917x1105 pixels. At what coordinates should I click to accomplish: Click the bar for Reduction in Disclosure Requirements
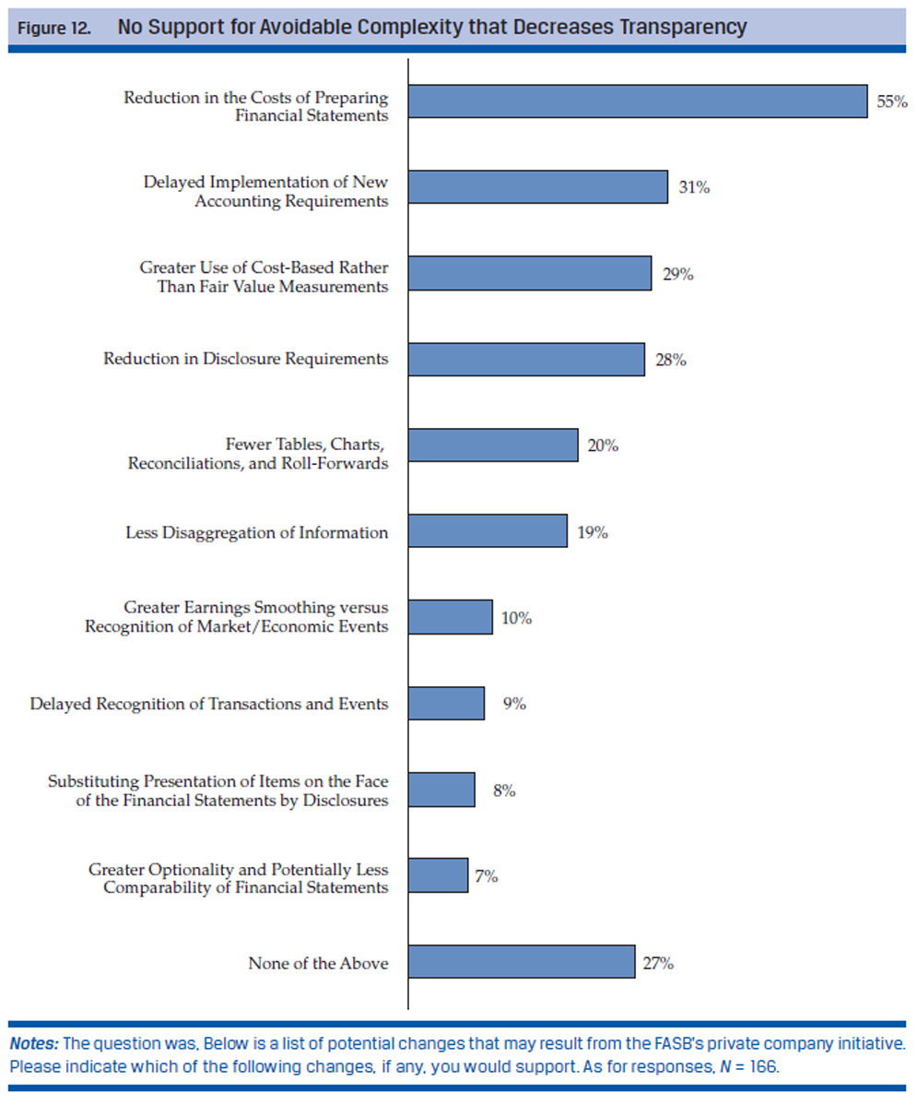point(526,360)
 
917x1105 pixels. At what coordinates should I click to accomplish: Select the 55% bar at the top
point(638,101)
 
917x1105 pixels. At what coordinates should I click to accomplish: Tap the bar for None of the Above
point(522,961)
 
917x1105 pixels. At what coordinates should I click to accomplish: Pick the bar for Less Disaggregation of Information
point(488,531)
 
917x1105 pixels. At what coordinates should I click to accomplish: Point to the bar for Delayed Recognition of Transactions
point(446,704)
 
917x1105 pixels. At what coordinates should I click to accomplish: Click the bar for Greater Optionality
point(438,875)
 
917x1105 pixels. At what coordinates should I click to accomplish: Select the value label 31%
point(694,187)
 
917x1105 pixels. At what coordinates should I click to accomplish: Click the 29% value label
point(677,274)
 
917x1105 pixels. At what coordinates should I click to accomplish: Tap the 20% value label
point(603,446)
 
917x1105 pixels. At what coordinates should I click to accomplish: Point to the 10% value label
point(517,618)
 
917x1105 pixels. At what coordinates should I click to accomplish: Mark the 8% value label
point(503,790)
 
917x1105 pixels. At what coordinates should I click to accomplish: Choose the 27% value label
point(659,963)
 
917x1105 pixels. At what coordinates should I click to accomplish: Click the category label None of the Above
point(318,964)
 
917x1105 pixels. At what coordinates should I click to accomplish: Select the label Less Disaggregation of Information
point(256,533)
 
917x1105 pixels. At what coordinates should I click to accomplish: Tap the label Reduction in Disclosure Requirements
point(245,359)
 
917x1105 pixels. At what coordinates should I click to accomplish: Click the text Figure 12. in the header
point(54,29)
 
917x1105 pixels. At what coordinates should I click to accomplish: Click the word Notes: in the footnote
point(34,1044)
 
